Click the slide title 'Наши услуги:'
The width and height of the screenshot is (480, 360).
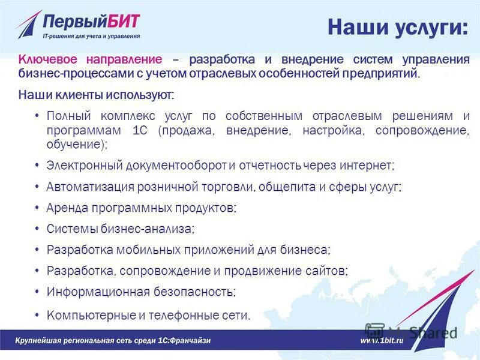[397, 28]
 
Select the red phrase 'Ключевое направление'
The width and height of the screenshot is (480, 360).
[90, 60]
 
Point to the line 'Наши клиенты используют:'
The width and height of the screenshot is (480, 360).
[97, 95]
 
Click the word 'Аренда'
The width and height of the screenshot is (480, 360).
[67, 208]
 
